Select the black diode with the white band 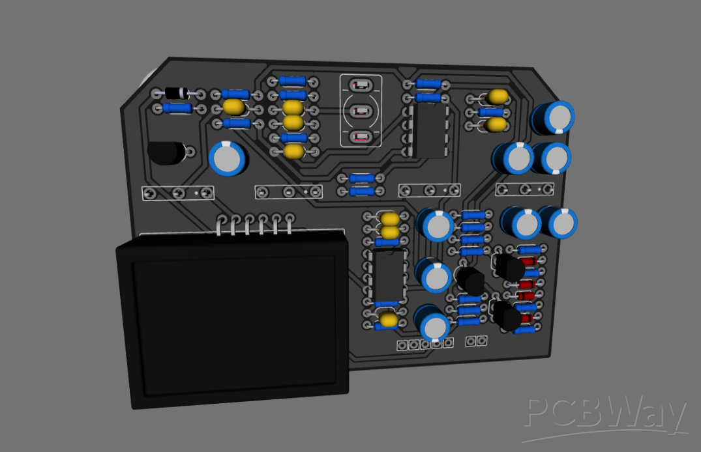176,93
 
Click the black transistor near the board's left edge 166,152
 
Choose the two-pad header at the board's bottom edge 475,341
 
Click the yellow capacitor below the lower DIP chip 389,319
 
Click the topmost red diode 529,261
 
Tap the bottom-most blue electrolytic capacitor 433,323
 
